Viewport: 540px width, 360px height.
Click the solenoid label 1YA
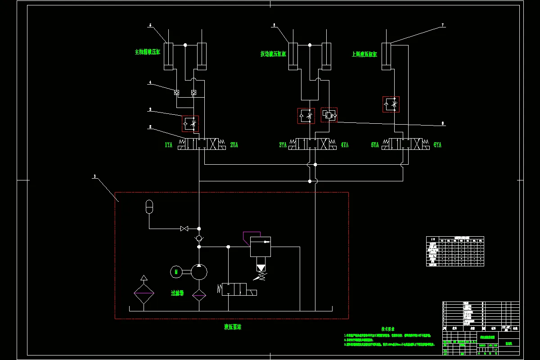[169, 145]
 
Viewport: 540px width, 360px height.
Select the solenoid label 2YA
[234, 145]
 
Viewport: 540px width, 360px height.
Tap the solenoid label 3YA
[283, 145]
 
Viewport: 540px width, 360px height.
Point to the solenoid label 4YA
[345, 145]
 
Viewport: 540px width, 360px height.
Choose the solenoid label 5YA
[375, 145]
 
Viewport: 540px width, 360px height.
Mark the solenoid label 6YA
[437, 145]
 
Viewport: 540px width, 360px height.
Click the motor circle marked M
[176, 271]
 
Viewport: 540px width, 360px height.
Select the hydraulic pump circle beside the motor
[199, 271]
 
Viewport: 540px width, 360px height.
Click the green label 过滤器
[177, 293]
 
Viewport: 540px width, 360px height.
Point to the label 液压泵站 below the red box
[233, 327]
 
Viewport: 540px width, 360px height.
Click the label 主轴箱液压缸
[148, 52]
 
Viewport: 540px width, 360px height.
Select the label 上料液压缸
[364, 54]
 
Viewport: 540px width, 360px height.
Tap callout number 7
[443, 26]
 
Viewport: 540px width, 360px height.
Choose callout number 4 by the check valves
[150, 82]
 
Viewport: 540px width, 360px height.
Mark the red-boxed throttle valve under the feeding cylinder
[391, 104]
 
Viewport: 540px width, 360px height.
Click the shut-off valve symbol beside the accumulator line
[184, 229]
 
